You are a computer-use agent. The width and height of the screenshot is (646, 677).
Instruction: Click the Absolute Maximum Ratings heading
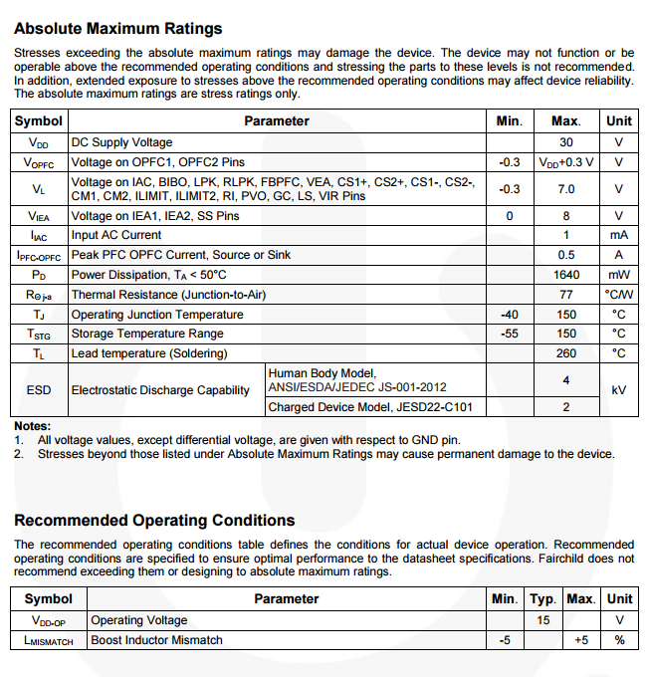118,29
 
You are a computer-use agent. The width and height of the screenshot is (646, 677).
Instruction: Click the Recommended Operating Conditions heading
154,521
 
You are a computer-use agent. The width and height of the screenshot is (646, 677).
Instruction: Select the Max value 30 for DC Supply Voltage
566,142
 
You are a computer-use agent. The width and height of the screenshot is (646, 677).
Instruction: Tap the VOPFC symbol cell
39,161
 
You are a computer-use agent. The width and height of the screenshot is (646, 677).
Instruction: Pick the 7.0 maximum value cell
566,188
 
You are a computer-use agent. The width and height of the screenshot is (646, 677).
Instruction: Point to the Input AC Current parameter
116,235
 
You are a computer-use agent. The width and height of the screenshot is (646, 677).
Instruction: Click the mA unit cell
618,235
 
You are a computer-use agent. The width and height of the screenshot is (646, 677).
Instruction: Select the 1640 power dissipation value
566,275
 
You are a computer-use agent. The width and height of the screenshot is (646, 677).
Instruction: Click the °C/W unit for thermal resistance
618,295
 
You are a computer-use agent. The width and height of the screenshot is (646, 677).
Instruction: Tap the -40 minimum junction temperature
509,315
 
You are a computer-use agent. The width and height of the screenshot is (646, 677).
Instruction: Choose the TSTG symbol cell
39,334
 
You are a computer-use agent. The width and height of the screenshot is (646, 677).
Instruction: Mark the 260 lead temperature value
566,353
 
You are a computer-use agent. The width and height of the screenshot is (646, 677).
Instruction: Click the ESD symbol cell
39,390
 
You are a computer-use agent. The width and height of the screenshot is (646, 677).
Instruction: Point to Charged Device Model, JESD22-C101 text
370,407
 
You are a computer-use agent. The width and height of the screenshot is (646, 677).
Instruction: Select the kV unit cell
618,390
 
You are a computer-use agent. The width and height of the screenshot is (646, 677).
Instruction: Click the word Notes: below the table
32,426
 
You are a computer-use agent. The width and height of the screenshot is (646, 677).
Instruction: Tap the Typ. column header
541,599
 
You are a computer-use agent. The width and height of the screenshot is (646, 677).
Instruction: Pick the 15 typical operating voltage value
541,620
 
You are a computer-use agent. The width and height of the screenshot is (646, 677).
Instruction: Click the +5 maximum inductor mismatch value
581,640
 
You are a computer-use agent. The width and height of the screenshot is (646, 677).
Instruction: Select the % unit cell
618,640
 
